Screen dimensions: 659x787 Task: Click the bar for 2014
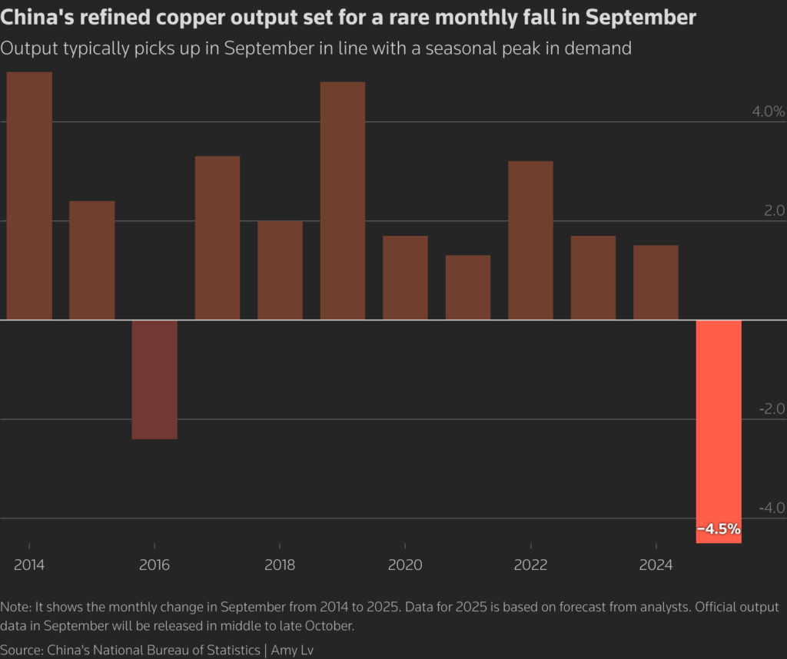tap(29, 196)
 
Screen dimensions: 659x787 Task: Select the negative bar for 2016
tap(154, 379)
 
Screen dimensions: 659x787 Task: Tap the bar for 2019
tap(342, 200)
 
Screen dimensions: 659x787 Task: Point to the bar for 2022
tap(530, 240)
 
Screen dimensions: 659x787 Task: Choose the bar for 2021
tap(467, 287)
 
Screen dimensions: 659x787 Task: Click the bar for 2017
tap(218, 238)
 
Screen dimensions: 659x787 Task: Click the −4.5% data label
tap(719, 528)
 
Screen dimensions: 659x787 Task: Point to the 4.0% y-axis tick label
tap(768, 111)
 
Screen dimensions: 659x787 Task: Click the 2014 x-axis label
tap(29, 565)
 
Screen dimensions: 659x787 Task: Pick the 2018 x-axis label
tap(280, 565)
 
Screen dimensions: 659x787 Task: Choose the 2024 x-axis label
tap(656, 565)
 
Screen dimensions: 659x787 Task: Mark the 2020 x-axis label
tap(405, 565)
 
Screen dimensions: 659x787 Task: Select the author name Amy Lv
tap(292, 650)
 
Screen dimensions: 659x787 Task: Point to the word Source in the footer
tap(22, 650)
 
